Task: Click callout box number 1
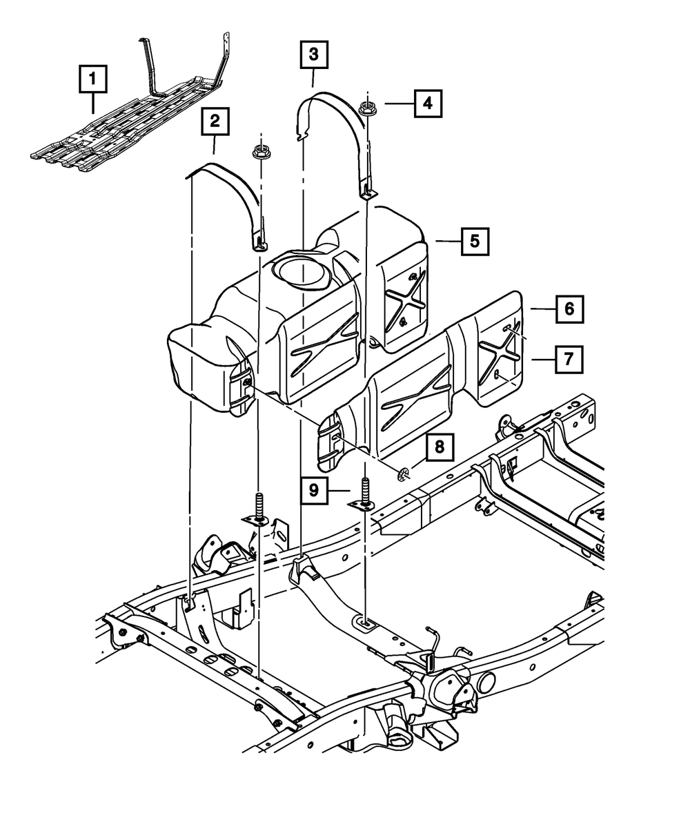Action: click(93, 79)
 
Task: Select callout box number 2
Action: click(215, 121)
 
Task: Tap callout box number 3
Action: click(314, 54)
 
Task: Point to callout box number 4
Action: click(428, 104)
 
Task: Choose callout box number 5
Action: click(475, 241)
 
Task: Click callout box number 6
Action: click(570, 309)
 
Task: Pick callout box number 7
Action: click(569, 359)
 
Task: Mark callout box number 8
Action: click(440, 447)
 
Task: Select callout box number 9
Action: click(314, 490)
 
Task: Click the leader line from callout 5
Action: click(448, 241)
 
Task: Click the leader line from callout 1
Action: click(93, 103)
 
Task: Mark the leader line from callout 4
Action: click(399, 104)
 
